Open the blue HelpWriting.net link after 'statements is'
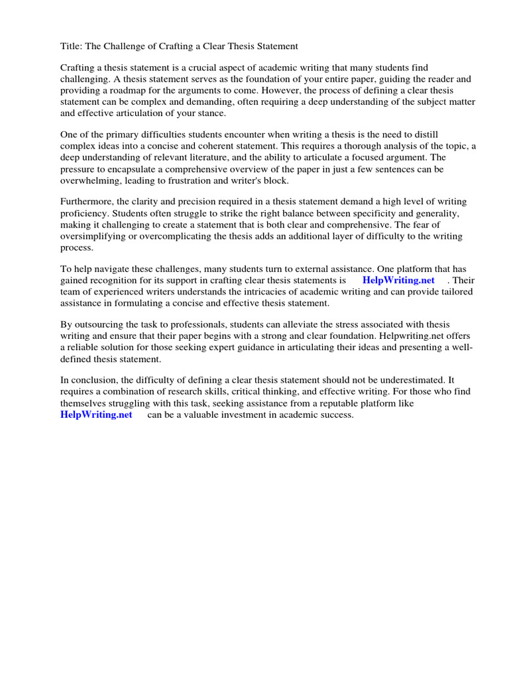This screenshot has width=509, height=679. [x=398, y=280]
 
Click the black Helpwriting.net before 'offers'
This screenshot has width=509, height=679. [x=386, y=336]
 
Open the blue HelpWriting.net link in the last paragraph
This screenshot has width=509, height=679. [x=96, y=414]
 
